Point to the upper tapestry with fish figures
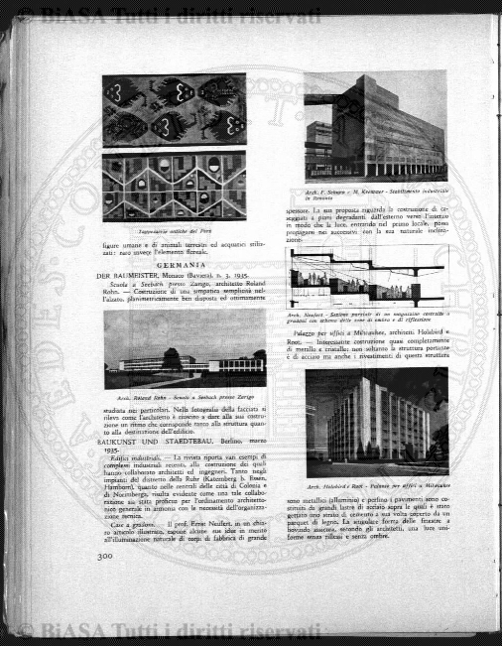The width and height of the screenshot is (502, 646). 174,108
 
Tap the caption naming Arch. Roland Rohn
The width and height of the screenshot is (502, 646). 185,396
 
